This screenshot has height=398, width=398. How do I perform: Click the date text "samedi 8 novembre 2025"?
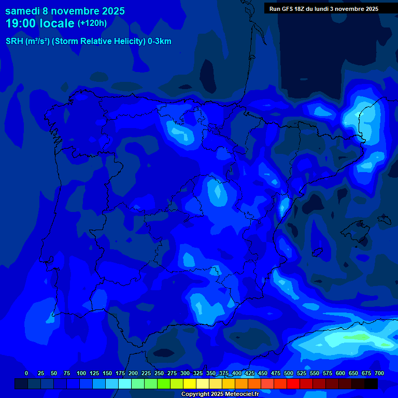tap(65, 11)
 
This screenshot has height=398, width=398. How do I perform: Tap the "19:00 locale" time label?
tap(40, 23)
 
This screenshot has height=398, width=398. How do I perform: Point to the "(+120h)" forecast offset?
tap(92, 23)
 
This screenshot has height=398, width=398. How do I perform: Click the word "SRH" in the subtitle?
tap(14, 41)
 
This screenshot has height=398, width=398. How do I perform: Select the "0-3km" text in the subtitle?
tap(160, 41)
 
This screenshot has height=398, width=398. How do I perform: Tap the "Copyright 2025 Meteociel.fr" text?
tap(220, 394)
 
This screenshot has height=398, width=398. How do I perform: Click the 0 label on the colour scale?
tap(26, 373)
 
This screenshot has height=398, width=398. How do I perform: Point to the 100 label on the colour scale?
tap(81, 373)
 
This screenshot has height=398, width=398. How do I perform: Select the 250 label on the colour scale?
tap(159, 373)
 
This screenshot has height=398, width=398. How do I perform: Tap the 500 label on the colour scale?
tap(289, 373)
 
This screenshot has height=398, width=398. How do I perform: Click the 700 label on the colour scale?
tap(379, 373)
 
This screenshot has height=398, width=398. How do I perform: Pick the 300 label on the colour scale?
tap(185, 373)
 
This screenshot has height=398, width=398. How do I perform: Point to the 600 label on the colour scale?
tap(340, 373)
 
